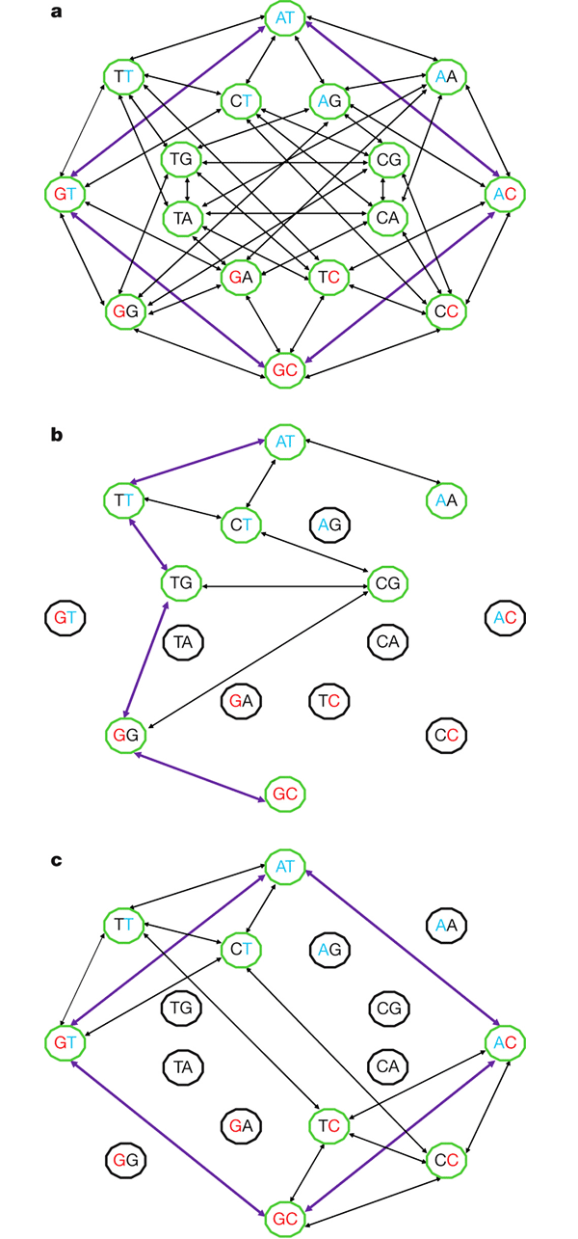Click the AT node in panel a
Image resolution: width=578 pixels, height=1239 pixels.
click(286, 19)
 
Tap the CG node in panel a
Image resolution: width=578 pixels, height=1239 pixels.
click(389, 159)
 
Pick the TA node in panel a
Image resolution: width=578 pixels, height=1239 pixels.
click(182, 218)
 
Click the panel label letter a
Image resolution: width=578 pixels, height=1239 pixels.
click(57, 13)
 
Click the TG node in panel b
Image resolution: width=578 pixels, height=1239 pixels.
click(182, 582)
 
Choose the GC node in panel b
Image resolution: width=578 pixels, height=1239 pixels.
click(286, 794)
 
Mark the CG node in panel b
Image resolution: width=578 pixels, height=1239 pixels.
click(389, 582)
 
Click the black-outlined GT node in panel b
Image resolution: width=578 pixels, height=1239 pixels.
click(65, 617)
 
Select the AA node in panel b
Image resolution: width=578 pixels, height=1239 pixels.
click(447, 500)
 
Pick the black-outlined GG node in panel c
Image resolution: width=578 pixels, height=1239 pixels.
click(125, 1160)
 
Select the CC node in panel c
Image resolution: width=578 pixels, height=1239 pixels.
click(447, 1160)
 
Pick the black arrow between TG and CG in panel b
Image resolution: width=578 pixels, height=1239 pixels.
click(285, 583)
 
